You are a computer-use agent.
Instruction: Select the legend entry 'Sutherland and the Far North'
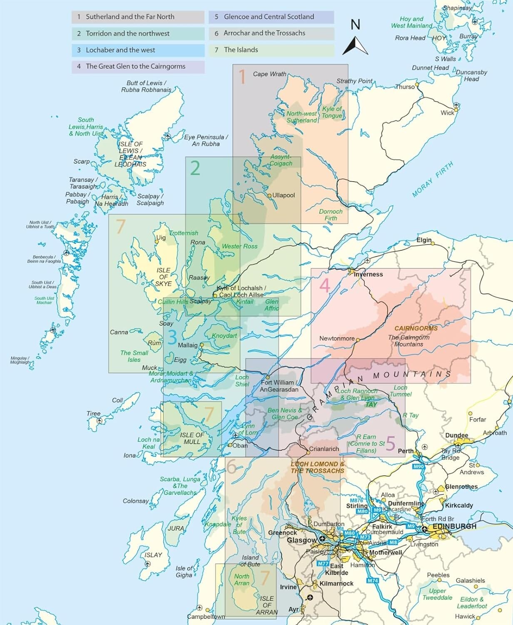[x=130, y=17]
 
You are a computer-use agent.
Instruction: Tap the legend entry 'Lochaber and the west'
[x=120, y=50]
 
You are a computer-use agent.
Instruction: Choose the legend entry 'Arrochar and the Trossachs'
[x=264, y=33]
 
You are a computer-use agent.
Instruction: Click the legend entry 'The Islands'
[x=241, y=50]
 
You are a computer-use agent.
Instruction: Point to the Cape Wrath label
[x=269, y=74]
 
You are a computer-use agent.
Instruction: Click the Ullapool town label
[x=284, y=195]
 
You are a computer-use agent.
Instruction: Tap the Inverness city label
[x=368, y=275]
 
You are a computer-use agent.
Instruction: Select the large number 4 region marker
[x=324, y=286]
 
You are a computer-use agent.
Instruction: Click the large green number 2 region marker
[x=195, y=168]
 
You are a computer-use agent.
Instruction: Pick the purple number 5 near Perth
[x=390, y=443]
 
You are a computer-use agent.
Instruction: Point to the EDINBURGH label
[x=454, y=527]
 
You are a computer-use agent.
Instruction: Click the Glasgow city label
[x=302, y=540]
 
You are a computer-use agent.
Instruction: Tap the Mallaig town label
[x=187, y=345]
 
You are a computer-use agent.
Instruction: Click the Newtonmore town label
[x=336, y=338]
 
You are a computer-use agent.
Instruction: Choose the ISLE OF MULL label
[x=192, y=438]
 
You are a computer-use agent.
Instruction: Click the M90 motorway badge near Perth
[x=418, y=467]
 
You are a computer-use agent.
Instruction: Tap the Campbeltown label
[x=206, y=617]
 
